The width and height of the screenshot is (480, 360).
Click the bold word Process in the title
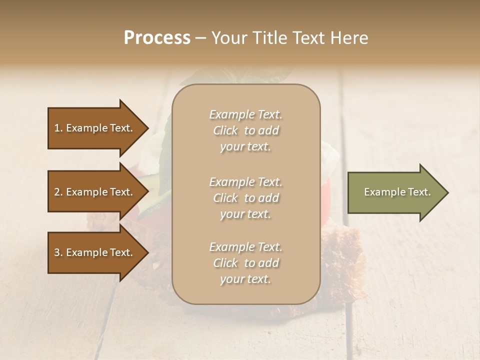(x=157, y=38)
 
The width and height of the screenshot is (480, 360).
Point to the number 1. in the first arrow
(x=58, y=128)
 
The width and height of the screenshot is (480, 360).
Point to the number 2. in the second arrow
(x=58, y=192)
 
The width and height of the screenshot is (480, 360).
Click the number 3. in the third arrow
(x=58, y=252)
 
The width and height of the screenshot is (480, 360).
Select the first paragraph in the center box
(x=245, y=130)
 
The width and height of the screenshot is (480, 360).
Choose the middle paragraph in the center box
(x=245, y=197)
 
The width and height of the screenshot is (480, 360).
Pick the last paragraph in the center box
(x=245, y=263)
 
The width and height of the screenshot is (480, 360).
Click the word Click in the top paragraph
(x=225, y=130)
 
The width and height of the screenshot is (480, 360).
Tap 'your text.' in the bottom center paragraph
(x=245, y=279)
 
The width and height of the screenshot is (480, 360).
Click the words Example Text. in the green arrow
(x=397, y=192)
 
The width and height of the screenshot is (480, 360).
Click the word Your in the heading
(x=228, y=38)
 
